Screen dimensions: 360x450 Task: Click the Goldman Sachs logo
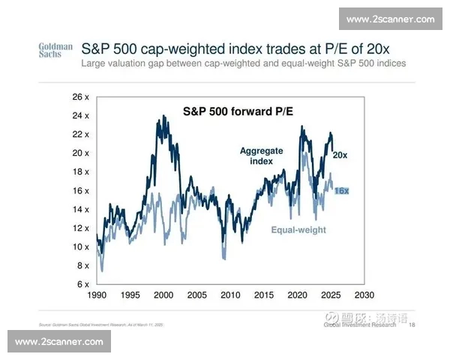coord(55,50)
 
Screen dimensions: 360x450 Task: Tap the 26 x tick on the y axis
coord(80,97)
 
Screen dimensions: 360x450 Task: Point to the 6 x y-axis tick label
coord(82,284)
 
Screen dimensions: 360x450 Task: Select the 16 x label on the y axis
coord(80,190)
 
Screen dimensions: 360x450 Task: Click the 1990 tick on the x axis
coord(98,295)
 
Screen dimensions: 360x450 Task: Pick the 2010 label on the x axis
coord(230,295)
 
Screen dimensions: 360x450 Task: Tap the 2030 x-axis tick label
coord(364,295)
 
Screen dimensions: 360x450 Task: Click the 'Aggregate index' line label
coord(262,156)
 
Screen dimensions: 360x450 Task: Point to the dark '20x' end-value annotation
coord(340,154)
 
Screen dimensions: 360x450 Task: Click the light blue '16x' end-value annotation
coord(341,190)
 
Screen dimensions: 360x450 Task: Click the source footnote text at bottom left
coord(101,325)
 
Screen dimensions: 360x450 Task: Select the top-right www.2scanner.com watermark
coord(391,19)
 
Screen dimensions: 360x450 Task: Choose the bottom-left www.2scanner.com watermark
coord(58,341)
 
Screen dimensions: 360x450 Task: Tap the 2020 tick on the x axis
coord(297,295)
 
